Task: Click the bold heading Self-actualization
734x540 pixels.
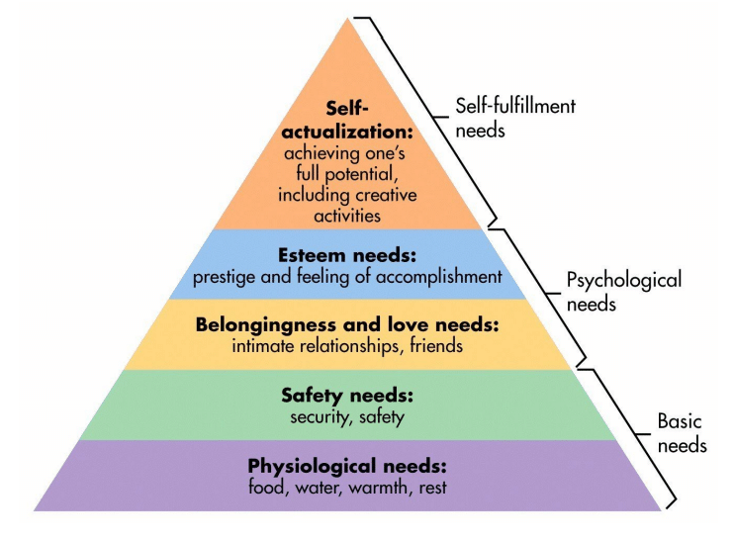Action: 347,120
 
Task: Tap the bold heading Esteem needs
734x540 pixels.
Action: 347,255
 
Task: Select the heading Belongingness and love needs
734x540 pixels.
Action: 347,324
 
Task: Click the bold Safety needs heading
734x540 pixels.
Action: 347,396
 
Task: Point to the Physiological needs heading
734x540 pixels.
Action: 347,466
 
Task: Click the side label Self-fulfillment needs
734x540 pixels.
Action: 515,118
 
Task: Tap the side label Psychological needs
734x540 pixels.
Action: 624,291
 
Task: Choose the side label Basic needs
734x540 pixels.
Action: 682,433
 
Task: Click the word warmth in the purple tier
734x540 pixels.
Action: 378,488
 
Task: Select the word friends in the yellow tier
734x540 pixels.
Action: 436,346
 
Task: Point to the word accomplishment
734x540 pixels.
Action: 439,277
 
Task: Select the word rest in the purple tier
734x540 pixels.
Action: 433,488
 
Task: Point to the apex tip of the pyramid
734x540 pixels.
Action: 347,18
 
